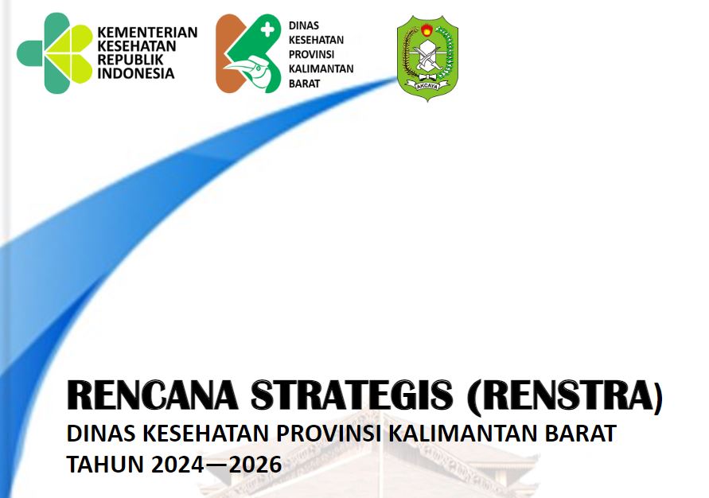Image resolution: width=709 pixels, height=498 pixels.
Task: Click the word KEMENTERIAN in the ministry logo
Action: click(x=147, y=33)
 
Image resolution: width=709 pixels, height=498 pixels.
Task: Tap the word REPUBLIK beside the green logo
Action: click(x=131, y=60)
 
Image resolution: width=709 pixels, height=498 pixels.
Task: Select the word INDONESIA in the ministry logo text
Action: click(x=135, y=73)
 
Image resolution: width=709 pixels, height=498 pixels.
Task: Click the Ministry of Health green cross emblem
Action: click(x=55, y=53)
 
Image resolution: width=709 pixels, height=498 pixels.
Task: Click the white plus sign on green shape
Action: click(x=267, y=29)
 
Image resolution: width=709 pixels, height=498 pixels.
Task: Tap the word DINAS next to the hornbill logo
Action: click(x=304, y=25)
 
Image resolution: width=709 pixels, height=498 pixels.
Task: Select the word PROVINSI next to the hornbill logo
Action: click(x=312, y=55)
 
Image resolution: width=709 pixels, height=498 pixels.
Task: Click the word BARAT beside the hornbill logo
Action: click(x=304, y=84)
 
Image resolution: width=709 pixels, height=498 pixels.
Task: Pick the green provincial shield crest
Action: click(x=427, y=58)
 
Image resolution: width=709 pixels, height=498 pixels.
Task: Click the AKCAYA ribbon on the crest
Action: click(x=427, y=85)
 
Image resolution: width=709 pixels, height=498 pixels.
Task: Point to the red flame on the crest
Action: click(x=427, y=30)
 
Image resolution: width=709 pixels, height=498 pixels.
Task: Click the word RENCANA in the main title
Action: click(x=152, y=395)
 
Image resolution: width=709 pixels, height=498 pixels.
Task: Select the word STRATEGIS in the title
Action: click(x=352, y=395)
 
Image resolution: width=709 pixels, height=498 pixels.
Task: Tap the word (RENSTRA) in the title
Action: click(x=565, y=396)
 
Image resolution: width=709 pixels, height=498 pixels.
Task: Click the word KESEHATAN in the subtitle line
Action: click(x=206, y=434)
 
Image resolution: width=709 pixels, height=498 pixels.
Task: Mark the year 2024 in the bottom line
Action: click(x=177, y=465)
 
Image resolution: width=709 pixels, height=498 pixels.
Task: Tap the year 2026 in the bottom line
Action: click(x=255, y=465)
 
